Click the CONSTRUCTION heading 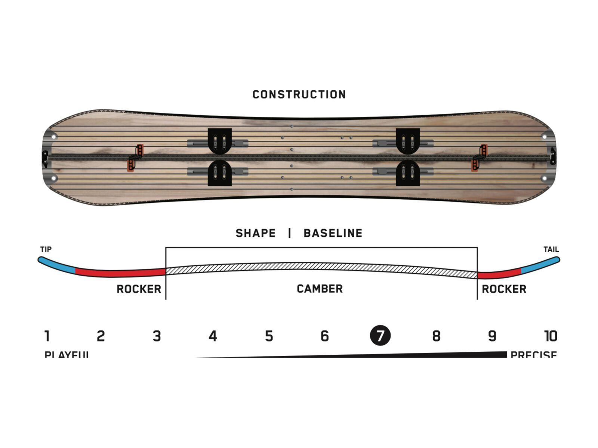coord(299,94)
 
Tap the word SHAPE coord(255,233)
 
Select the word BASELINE coord(333,233)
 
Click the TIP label coord(46,249)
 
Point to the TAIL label coord(551,249)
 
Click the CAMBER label coord(320,289)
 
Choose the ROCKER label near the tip coord(139,289)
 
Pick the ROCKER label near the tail coord(504,289)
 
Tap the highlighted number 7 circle coord(380,336)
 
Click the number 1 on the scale coord(47,336)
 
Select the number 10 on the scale coord(551,336)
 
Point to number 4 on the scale coord(213,336)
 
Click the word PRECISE coord(533,354)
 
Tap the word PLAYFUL coord(67,354)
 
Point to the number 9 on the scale coord(492,336)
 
